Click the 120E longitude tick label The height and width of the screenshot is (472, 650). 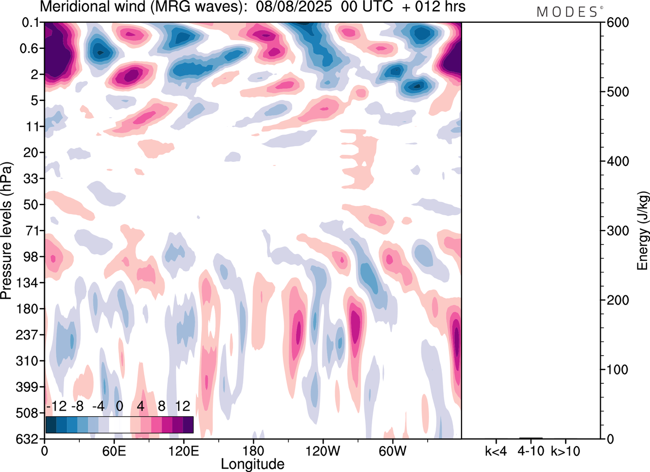tap(183, 450)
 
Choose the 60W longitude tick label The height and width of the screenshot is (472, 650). tap(392, 450)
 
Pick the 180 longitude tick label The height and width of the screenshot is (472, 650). tap(253, 450)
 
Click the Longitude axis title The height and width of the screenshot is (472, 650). tap(252, 463)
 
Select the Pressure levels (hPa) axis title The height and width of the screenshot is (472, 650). tap(7, 231)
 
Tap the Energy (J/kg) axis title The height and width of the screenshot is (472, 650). tap(643, 231)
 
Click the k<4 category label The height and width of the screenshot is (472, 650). tap(496, 450)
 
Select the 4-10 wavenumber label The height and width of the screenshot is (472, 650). tap(531, 450)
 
